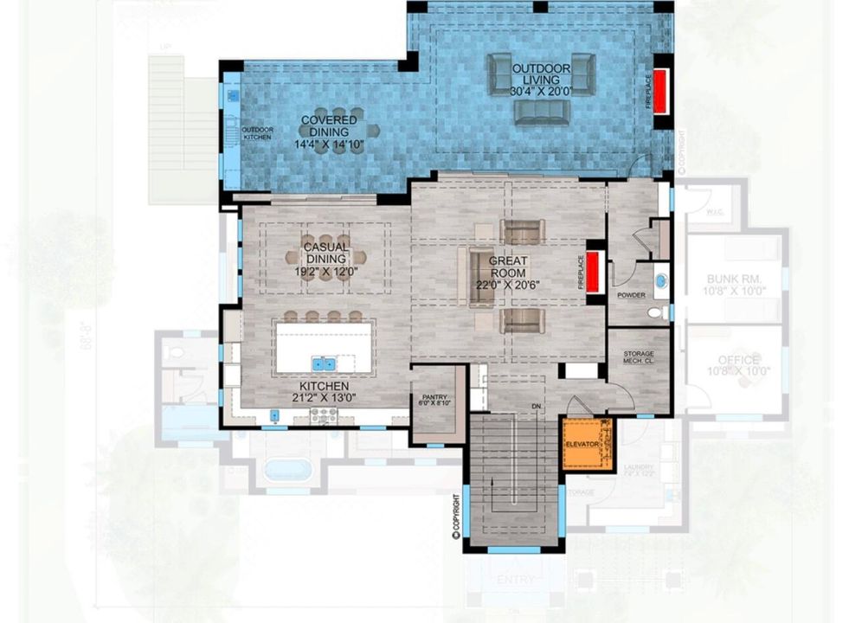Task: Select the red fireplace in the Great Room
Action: (x=594, y=272)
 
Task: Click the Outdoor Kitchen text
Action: (x=257, y=133)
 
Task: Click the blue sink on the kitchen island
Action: (x=325, y=363)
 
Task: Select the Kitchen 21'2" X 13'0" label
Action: (x=325, y=392)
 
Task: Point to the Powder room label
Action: (x=631, y=295)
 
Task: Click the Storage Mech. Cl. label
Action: (x=639, y=358)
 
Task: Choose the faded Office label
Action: (x=738, y=365)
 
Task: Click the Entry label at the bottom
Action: (x=514, y=576)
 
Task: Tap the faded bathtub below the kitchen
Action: (x=287, y=470)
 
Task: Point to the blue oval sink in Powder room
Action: (x=660, y=280)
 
